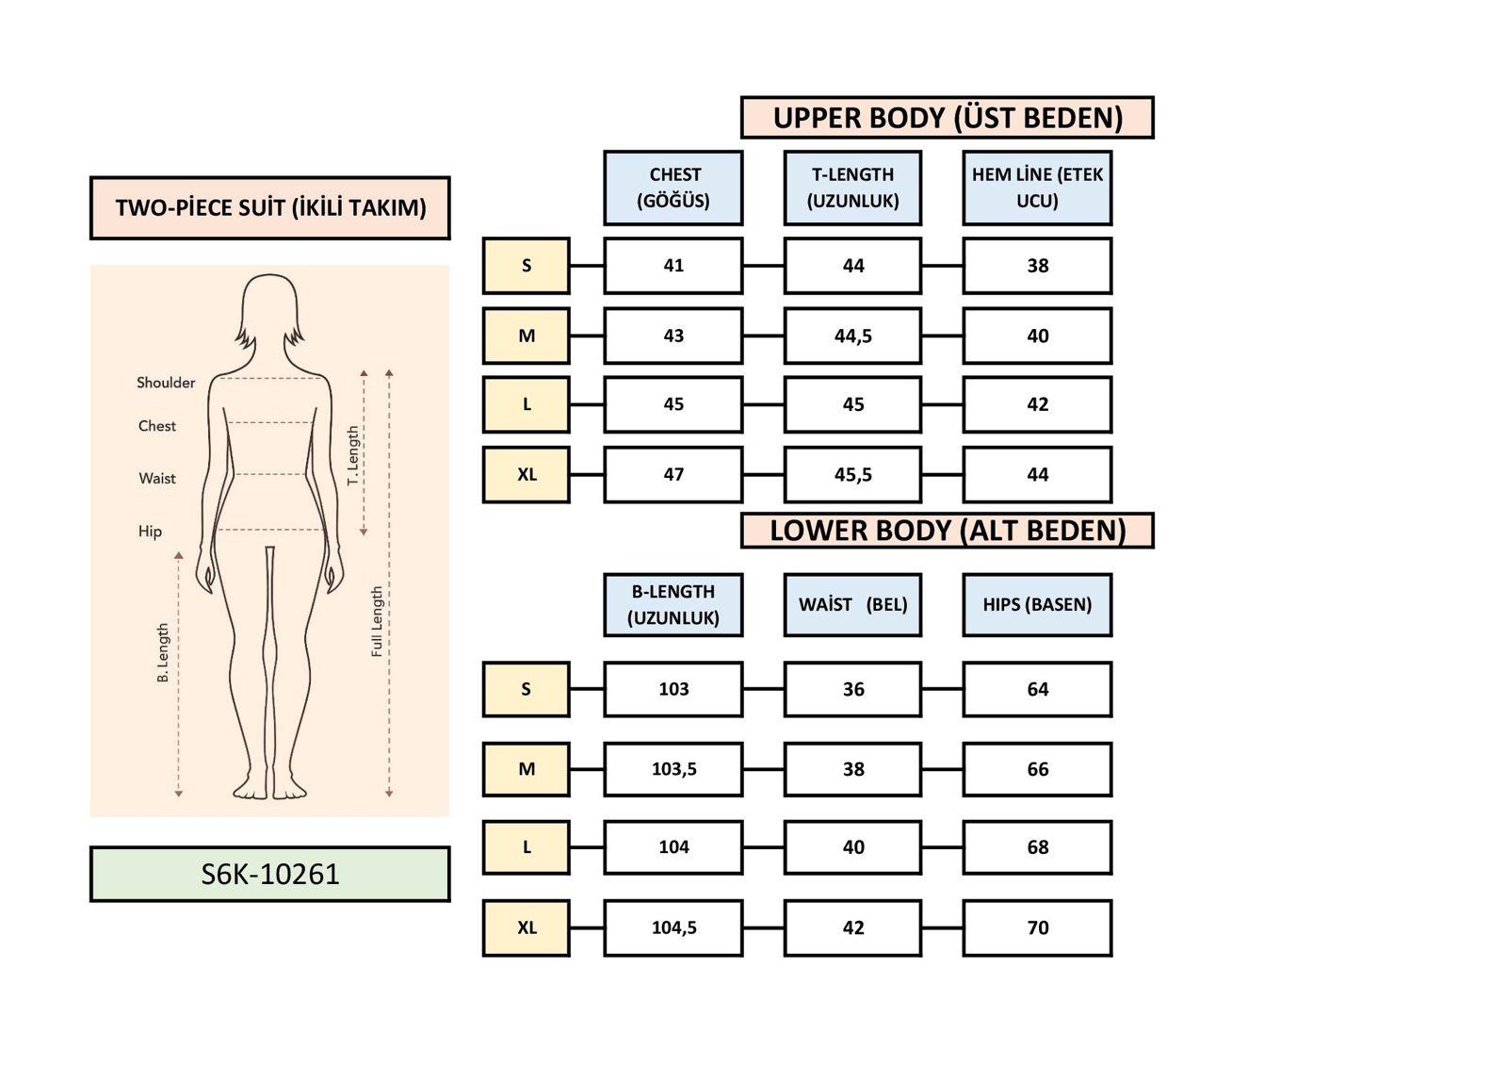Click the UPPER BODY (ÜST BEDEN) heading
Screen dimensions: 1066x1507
[947, 118]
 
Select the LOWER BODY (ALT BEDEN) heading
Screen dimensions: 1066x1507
[947, 531]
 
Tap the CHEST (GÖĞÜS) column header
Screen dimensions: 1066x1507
[673, 188]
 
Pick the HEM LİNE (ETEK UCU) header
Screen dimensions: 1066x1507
[1037, 188]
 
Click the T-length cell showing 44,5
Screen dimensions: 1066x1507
[852, 336]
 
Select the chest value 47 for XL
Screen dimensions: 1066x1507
[673, 474]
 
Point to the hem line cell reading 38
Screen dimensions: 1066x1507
[1037, 266]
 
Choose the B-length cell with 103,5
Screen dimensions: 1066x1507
[673, 769]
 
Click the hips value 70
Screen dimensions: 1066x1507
[1037, 927]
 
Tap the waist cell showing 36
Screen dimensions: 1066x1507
[852, 689]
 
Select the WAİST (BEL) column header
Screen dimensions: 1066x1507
[852, 604]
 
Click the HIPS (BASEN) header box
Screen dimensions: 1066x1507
[1037, 604]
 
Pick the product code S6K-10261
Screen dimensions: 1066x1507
[269, 874]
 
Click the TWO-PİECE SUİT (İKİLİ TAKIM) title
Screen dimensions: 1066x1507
[269, 207]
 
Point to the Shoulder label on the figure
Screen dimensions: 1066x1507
[166, 383]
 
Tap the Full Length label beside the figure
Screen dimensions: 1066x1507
[377, 621]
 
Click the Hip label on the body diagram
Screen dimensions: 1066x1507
[150, 532]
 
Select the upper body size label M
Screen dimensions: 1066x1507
[527, 336]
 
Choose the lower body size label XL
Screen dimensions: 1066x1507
[527, 927]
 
